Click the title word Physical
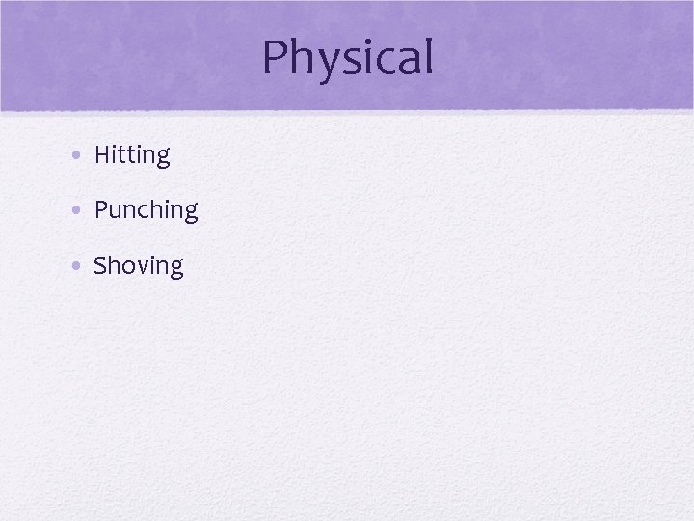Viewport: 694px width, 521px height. [347, 58]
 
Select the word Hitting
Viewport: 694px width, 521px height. [132, 155]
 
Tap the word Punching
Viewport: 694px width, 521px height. [146, 210]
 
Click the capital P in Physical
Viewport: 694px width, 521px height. [276, 58]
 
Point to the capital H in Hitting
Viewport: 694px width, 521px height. [102, 154]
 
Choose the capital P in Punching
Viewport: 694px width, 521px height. [101, 210]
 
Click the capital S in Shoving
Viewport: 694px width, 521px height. [100, 265]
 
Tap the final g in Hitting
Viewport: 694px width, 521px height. [162, 159]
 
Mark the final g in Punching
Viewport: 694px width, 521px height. [190, 214]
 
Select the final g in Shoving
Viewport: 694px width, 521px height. [174, 269]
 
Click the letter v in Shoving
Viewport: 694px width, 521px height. [138, 267]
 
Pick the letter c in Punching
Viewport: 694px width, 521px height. [145, 212]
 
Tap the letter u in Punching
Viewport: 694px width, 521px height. [116, 212]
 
